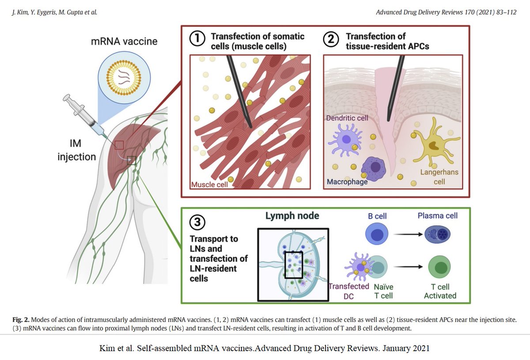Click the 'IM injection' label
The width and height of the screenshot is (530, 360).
pos(76,150)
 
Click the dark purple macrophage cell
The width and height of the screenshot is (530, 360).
pos(375,167)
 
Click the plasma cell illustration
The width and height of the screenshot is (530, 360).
pos(437,235)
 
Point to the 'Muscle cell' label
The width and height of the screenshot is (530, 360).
pos(209,184)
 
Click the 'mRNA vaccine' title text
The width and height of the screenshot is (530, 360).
pos(124,42)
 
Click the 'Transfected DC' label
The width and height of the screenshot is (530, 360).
pos(349,291)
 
